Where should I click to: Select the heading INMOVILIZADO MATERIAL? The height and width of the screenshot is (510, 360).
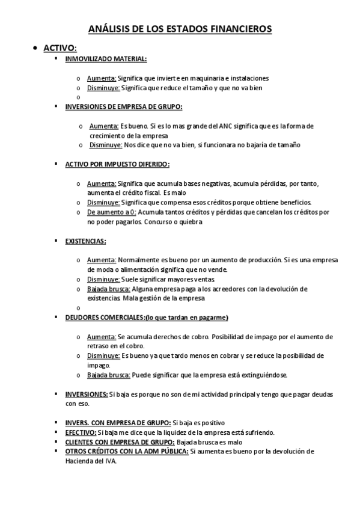pyautogui.click(x=105, y=58)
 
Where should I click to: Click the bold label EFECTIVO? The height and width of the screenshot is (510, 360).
pyautogui.click(x=81, y=432)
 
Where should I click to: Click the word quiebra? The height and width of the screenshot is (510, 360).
pyautogui.click(x=190, y=222)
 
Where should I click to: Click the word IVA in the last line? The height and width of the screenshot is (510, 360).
pyautogui.click(x=110, y=461)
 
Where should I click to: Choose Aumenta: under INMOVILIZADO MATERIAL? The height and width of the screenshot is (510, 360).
pyautogui.click(x=102, y=78)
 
